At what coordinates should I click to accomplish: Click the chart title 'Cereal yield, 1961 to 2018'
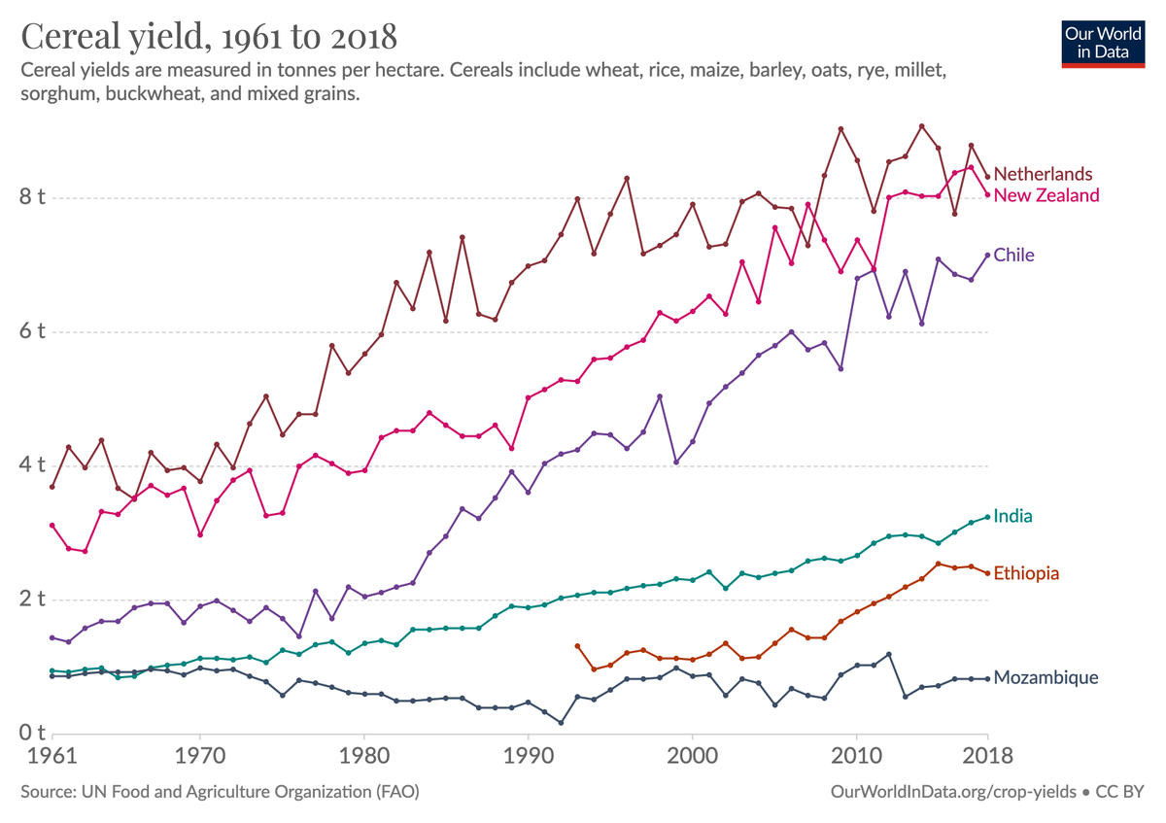pyautogui.click(x=209, y=37)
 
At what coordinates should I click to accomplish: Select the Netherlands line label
pyautogui.click(x=1043, y=174)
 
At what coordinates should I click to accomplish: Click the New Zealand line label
pyautogui.click(x=1046, y=195)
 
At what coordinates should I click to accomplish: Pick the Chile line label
pyautogui.click(x=1013, y=255)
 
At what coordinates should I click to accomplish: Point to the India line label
pyautogui.click(x=1012, y=516)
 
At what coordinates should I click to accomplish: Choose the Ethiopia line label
pyautogui.click(x=1026, y=573)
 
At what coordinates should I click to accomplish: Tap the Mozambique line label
pyautogui.click(x=1046, y=677)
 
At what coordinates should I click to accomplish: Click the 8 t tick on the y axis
pyautogui.click(x=31, y=198)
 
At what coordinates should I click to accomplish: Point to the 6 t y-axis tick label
pyautogui.click(x=31, y=331)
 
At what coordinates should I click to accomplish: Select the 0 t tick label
pyautogui.click(x=31, y=733)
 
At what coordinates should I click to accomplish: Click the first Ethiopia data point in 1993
pyautogui.click(x=577, y=645)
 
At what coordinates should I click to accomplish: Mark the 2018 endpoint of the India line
pyautogui.click(x=987, y=517)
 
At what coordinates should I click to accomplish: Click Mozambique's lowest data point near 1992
pyautogui.click(x=561, y=723)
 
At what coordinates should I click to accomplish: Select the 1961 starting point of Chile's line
pyautogui.click(x=52, y=637)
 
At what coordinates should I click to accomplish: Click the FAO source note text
pyautogui.click(x=220, y=792)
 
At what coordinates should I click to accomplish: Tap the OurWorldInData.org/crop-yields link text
pyautogui.click(x=952, y=792)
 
